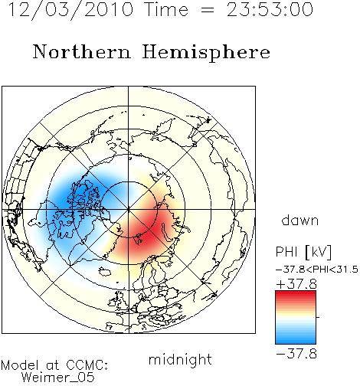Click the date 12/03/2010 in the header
[70, 10]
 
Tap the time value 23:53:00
[270, 9]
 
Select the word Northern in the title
[82, 52]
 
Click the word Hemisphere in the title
[206, 53]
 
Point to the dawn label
[300, 220]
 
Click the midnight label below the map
[180, 361]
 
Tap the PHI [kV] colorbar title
[303, 252]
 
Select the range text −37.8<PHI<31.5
[317, 270]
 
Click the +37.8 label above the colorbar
[296, 284]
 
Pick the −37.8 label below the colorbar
[296, 354]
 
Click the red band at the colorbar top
[296, 294]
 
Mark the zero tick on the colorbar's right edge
[318, 317]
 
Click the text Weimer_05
[58, 378]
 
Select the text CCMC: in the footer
[87, 365]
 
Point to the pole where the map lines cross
[129, 210]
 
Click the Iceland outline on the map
[105, 272]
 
